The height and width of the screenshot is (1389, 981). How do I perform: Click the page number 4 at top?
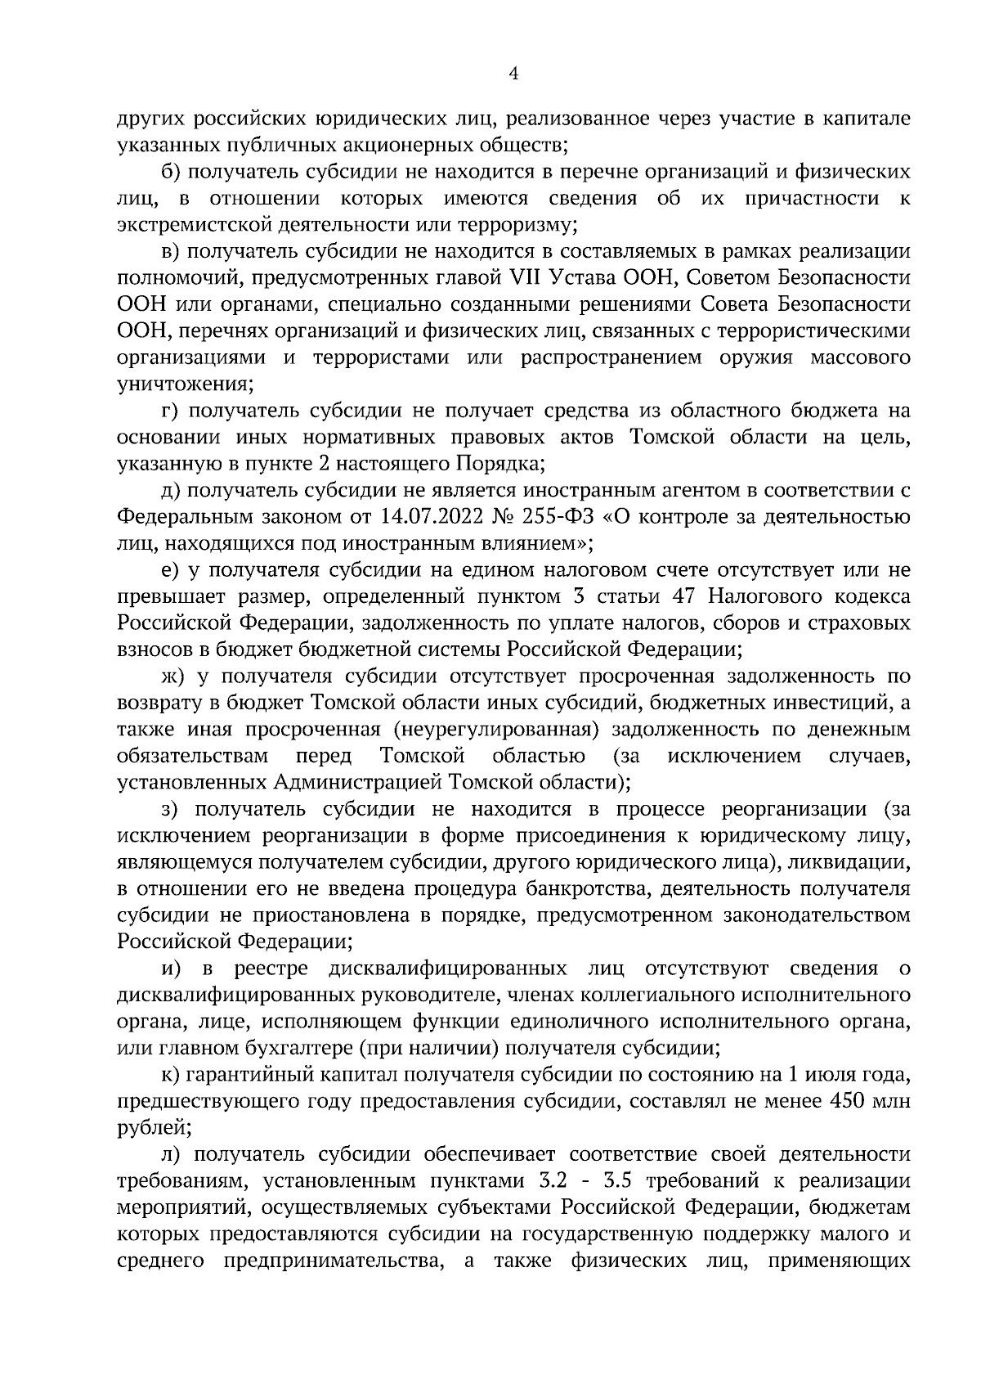[513, 74]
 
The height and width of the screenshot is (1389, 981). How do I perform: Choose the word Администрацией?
[357, 782]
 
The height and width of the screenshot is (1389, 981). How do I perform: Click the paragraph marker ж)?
[174, 677]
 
